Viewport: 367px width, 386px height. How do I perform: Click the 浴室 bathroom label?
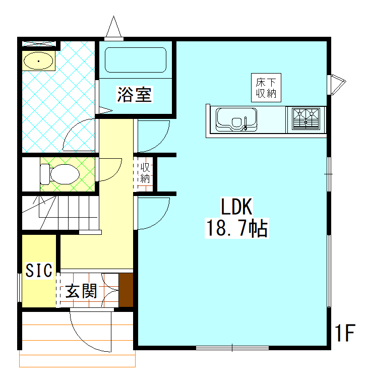point(135,95)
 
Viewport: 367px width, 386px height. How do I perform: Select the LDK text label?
point(236,207)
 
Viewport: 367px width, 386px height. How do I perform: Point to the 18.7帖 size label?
point(237,228)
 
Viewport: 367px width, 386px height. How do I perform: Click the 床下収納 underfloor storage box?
point(266,88)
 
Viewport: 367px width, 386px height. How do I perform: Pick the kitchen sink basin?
point(236,119)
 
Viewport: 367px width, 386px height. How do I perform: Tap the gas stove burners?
point(306,119)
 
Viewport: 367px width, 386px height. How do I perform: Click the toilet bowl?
point(60,174)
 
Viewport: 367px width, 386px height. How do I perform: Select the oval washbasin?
point(38,61)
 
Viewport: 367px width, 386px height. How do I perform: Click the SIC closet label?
point(39,270)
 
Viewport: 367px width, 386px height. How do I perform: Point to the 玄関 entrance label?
point(81,291)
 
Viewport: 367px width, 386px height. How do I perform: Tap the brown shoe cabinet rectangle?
point(126,290)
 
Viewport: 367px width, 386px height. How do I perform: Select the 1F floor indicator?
point(345,333)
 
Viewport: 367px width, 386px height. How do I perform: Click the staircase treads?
point(60,213)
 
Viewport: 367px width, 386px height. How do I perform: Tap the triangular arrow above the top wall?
point(113,27)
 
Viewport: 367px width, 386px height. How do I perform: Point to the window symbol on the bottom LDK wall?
point(232,348)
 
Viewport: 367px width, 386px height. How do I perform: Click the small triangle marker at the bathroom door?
point(105,110)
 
